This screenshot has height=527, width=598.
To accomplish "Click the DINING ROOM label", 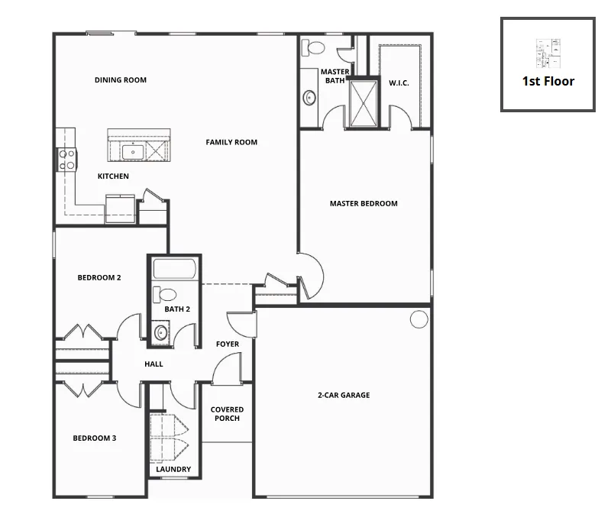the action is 121,80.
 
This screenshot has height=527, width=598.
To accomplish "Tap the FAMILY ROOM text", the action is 231,142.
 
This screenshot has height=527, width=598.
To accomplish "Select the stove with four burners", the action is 67,160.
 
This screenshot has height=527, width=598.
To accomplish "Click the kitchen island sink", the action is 133,152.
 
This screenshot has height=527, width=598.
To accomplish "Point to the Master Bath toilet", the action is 312,47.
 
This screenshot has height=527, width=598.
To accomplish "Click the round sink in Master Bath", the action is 309,98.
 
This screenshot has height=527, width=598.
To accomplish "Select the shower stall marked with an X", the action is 364,103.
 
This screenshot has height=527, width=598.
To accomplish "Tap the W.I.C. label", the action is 399,82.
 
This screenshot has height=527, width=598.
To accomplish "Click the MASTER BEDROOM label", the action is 364,204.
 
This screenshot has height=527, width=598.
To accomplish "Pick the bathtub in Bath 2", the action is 175,269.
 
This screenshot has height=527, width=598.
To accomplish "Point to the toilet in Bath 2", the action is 165,295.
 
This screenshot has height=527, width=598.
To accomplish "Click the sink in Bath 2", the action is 161,332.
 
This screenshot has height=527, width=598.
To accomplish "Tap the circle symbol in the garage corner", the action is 419,319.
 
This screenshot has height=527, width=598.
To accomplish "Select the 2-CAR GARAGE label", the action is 344,395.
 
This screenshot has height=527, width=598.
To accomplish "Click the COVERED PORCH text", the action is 228,414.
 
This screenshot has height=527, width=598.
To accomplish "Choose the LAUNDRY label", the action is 173,470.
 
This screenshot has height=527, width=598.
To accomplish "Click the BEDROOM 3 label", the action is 95,438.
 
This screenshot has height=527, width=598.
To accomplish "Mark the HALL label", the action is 154,364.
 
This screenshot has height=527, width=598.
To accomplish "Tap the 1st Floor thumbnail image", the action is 548,53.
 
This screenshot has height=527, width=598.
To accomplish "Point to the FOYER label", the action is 228,344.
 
